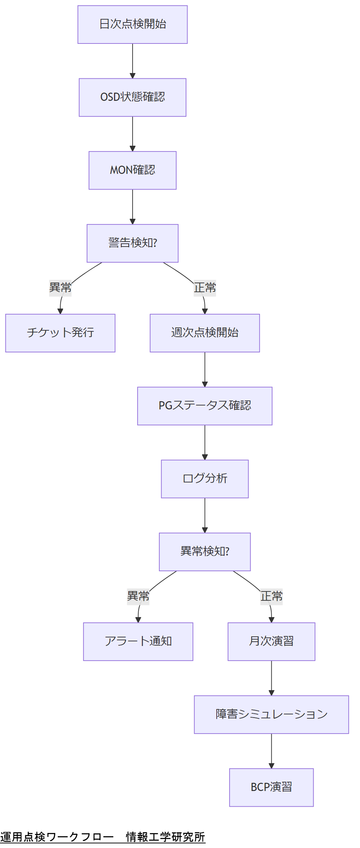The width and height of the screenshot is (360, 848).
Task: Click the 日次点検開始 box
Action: tap(133, 25)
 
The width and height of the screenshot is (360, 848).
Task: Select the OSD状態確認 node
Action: tap(133, 97)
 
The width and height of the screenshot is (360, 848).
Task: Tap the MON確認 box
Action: tap(133, 170)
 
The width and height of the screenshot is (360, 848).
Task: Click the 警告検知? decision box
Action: tap(133, 243)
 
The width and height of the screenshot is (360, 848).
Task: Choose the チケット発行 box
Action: tap(60, 333)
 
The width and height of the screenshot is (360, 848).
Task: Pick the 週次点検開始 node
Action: tap(205, 333)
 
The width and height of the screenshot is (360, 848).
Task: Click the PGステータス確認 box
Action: tap(205, 406)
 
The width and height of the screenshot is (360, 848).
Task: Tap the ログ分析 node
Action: tap(205, 479)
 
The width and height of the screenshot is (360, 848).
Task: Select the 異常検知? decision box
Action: tap(205, 552)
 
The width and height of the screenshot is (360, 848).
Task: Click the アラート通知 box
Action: tap(138, 642)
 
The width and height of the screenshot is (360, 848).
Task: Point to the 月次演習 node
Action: tap(271, 642)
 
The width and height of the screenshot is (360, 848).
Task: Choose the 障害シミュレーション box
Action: tap(271, 714)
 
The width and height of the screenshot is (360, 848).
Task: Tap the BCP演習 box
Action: tap(271, 787)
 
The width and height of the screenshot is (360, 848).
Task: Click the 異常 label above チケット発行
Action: tap(60, 288)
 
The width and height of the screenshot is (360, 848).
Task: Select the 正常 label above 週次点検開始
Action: tap(205, 288)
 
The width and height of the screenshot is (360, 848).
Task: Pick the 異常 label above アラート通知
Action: tap(138, 596)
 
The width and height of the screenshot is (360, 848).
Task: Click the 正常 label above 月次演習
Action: tap(271, 596)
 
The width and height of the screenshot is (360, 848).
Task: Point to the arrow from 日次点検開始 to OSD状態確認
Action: tap(133, 61)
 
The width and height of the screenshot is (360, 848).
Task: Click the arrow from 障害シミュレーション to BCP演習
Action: tap(271, 750)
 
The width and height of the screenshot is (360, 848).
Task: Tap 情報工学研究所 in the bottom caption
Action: tap(165, 837)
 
